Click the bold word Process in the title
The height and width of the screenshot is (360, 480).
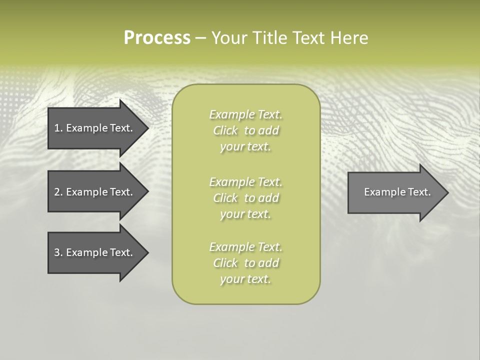coord(157,38)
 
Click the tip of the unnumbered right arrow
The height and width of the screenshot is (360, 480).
coord(446,192)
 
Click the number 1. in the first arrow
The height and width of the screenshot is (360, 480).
coord(58,128)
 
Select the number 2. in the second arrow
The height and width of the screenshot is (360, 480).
coord(58,192)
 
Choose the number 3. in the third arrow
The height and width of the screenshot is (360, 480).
coord(58,252)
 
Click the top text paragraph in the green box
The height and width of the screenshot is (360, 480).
coord(245,130)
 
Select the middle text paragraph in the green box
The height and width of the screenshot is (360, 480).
coord(245,198)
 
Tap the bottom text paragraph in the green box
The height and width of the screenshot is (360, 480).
coord(245,263)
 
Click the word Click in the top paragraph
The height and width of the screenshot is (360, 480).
coord(225,131)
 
